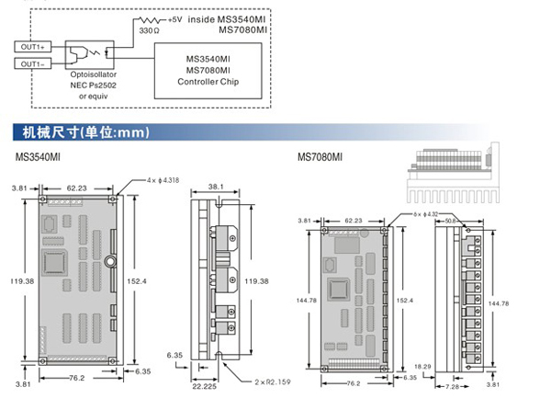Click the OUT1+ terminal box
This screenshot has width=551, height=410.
[x=34, y=45]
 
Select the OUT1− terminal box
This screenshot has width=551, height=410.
[x=34, y=63]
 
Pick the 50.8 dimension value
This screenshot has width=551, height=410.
[x=452, y=221]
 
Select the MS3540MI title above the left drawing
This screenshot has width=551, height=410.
[x=39, y=158]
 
